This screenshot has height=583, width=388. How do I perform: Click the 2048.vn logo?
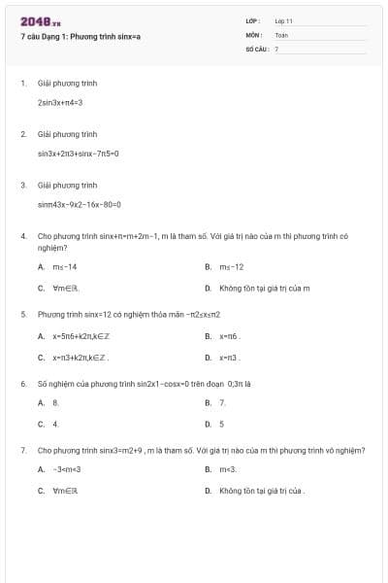point(42,21)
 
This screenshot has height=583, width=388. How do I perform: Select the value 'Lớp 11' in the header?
point(283,20)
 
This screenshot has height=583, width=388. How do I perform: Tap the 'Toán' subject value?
point(281,34)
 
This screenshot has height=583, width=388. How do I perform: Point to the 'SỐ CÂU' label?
point(256,48)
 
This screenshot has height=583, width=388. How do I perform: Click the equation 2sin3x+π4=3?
point(60,101)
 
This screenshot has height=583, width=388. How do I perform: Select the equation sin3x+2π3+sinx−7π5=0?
point(78,153)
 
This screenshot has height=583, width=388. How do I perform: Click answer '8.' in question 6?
point(55,402)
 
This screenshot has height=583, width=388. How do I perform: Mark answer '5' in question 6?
point(221,424)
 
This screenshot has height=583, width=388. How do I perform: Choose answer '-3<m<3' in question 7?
point(66,469)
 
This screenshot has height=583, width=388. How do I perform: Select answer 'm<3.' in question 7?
point(229,469)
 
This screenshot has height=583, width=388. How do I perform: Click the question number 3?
point(23,185)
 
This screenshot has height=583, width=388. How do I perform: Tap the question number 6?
point(23,384)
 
